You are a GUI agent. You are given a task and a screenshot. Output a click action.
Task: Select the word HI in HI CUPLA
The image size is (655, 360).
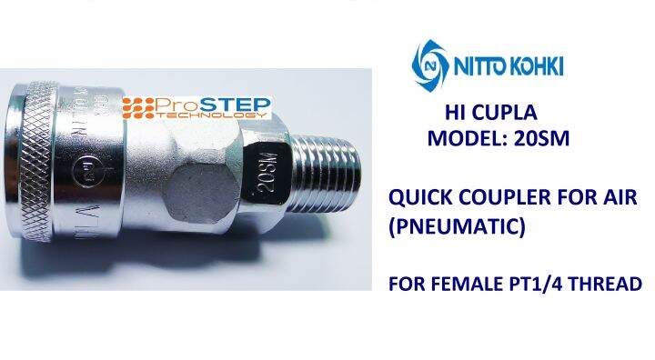(x=457, y=115)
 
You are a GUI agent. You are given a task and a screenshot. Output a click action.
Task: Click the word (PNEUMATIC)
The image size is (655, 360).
(x=457, y=224)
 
